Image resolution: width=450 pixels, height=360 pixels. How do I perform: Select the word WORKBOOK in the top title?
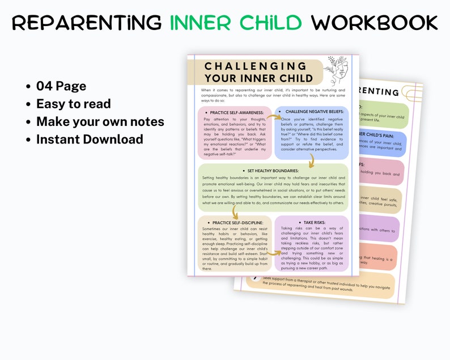pyautogui.click(x=374, y=23)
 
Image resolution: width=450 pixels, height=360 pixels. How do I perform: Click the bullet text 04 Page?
pyautogui.click(x=61, y=86)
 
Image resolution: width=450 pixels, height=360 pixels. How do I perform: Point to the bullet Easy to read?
pyautogui.click(x=73, y=104)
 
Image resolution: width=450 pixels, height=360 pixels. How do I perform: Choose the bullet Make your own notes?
pyautogui.click(x=100, y=121)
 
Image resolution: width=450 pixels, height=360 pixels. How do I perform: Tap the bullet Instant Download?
pyautogui.click(x=89, y=139)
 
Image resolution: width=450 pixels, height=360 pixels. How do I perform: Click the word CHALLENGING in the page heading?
pyautogui.click(x=255, y=66)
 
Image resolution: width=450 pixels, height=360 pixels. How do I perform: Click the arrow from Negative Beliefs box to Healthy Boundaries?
pyautogui.click(x=310, y=163)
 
